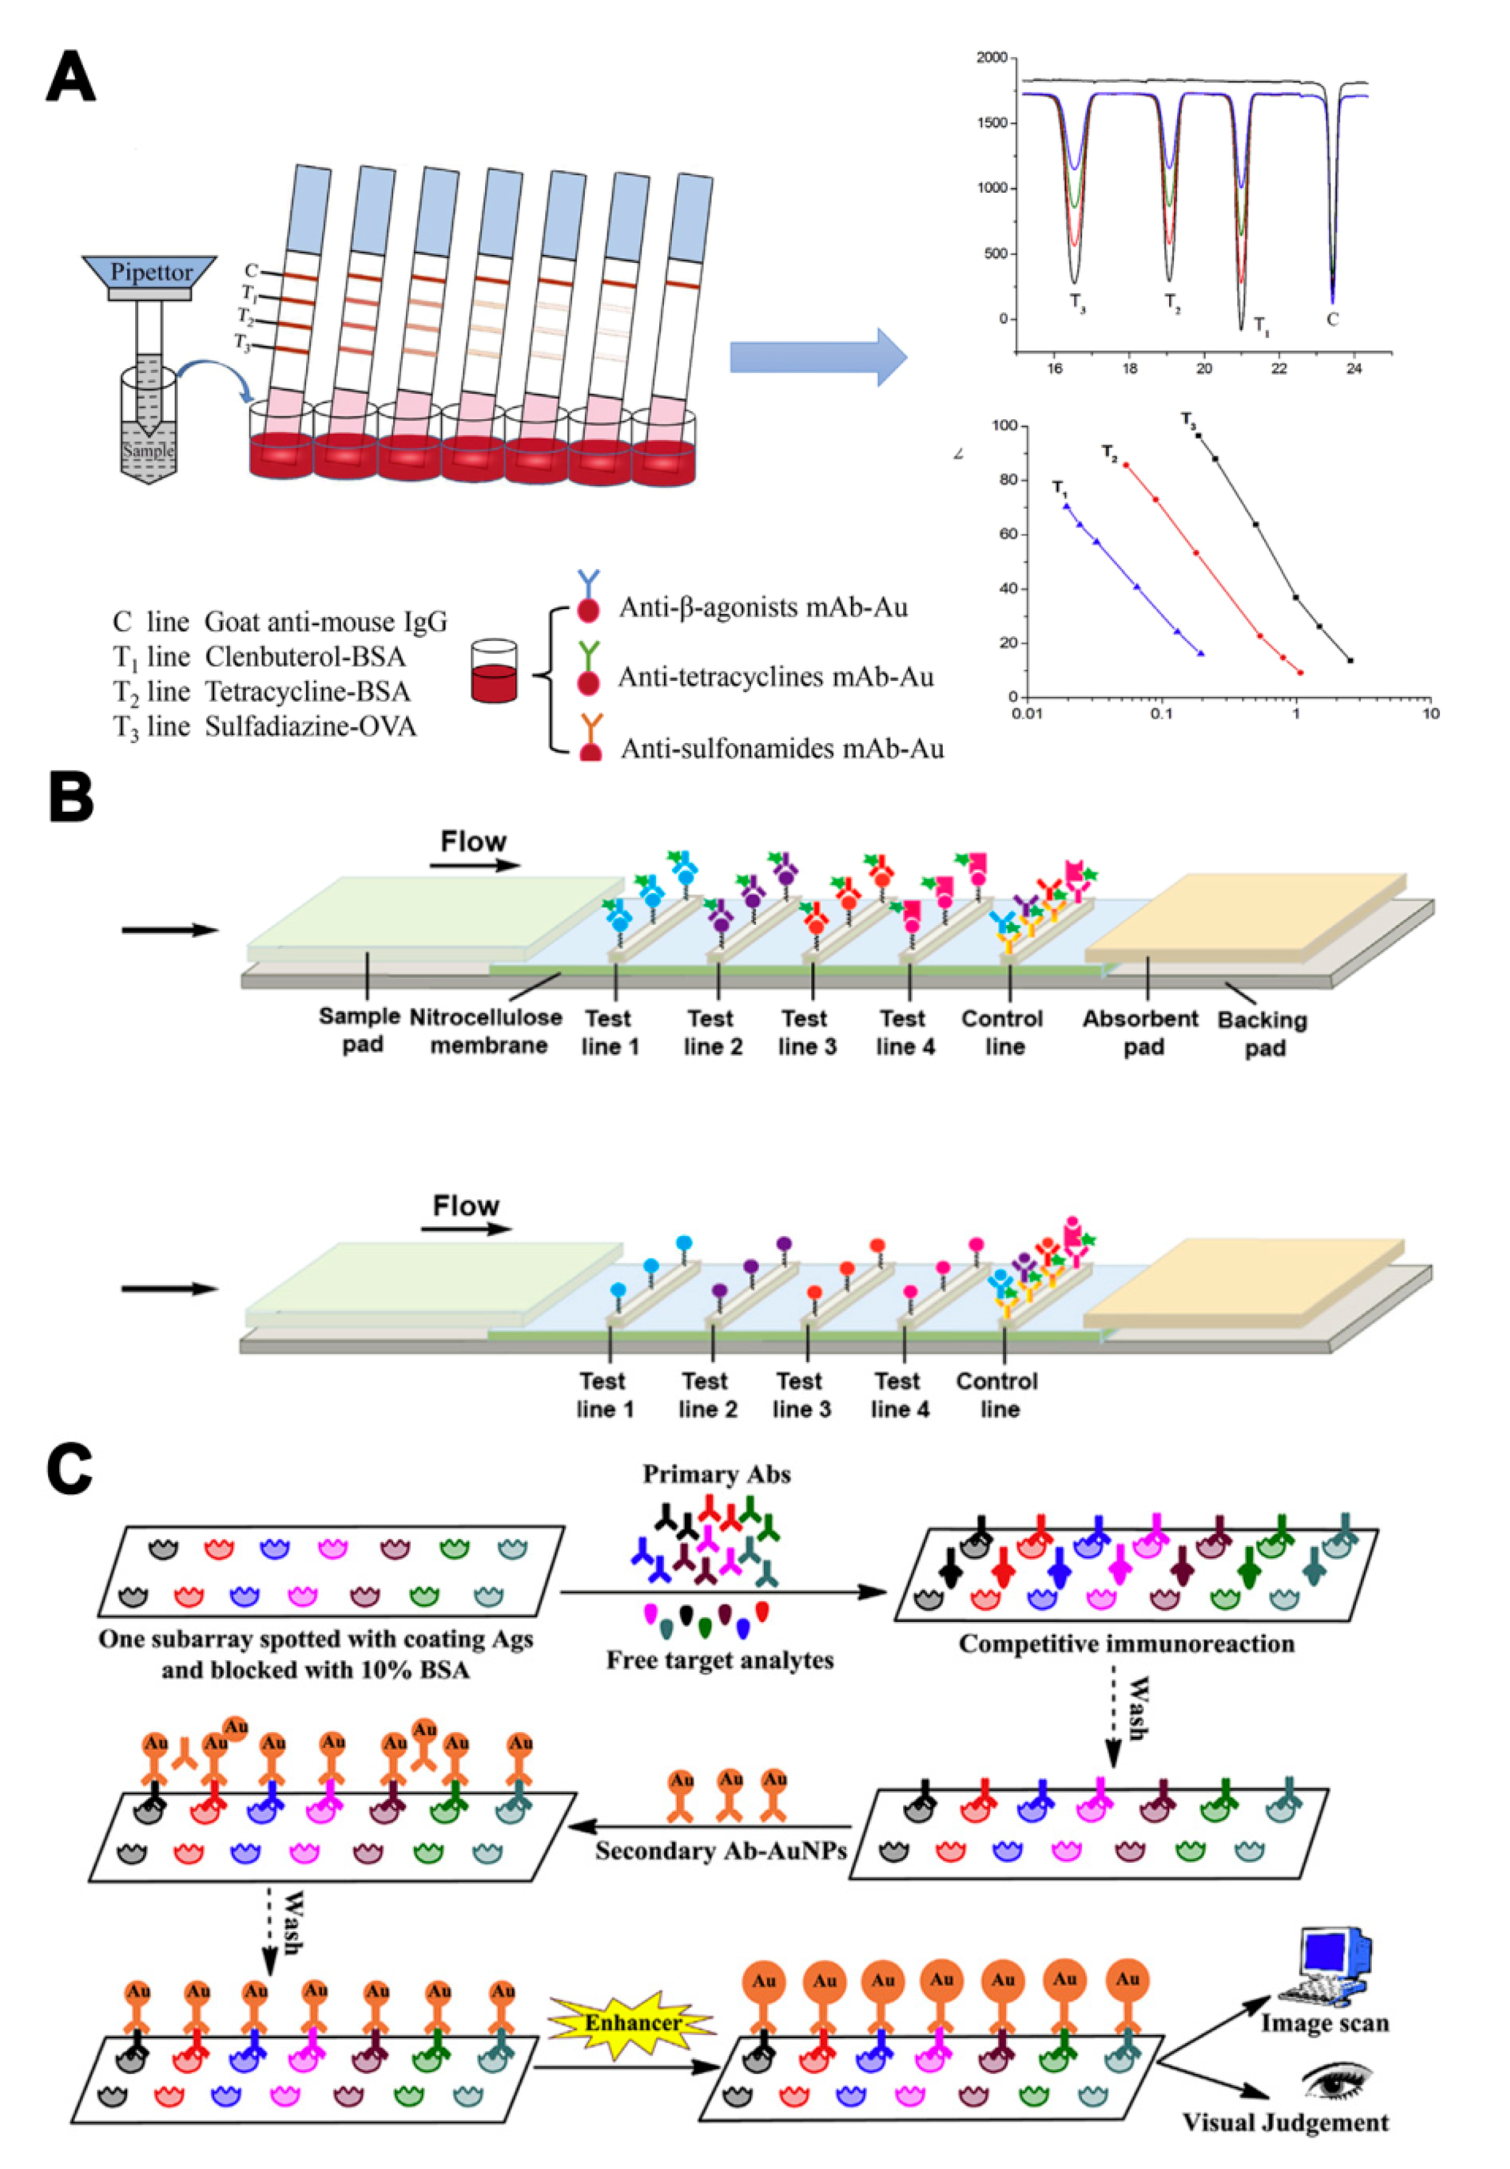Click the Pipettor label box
(x=150, y=272)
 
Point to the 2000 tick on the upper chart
(x=991, y=58)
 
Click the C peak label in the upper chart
(x=1332, y=320)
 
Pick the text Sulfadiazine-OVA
(x=311, y=727)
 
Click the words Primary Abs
(x=716, y=1474)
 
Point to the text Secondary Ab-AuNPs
(x=720, y=1849)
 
